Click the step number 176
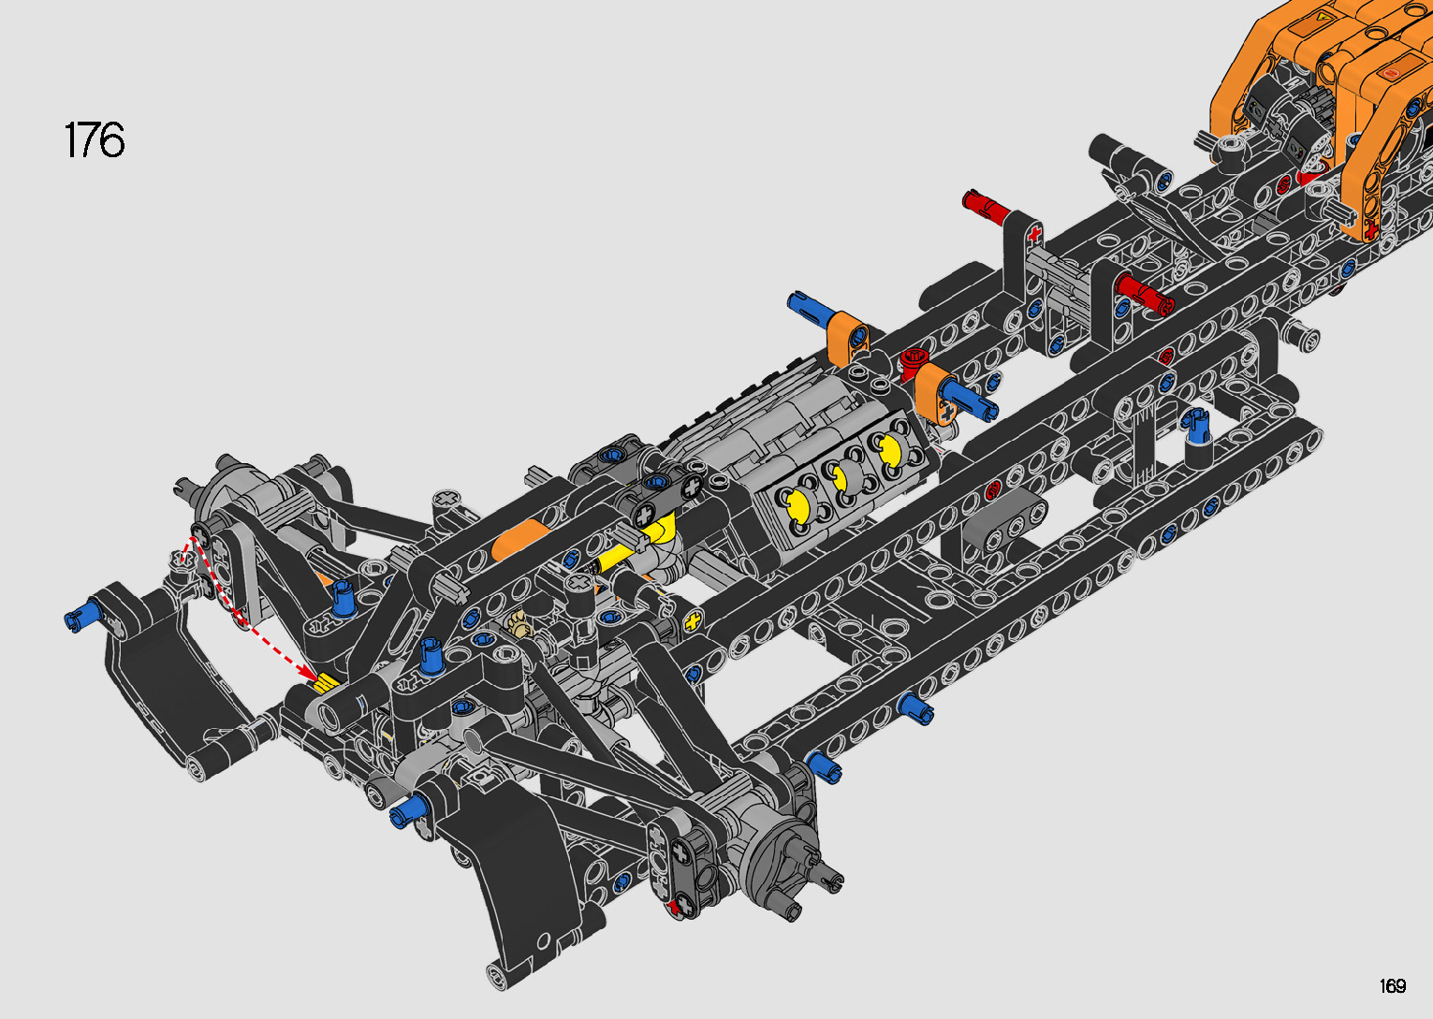click(x=94, y=139)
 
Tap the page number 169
click(x=1392, y=985)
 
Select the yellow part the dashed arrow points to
click(x=327, y=682)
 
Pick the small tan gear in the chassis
click(x=519, y=621)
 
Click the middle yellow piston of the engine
click(x=839, y=477)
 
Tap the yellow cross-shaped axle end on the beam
click(x=693, y=619)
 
